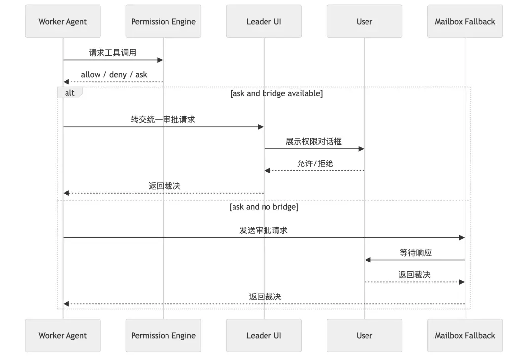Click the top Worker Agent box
click(63, 22)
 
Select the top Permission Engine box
click(163, 22)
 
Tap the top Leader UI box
click(264, 22)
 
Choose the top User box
click(364, 22)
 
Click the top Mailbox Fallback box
click(465, 22)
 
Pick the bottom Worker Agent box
click(63, 335)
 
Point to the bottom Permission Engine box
click(163, 335)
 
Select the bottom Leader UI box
click(264, 335)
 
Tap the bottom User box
click(364, 335)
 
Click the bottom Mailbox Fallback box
click(465, 335)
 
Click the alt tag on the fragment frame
click(69, 93)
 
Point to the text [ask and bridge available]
click(276, 93)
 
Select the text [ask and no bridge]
click(264, 207)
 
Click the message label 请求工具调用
click(112, 53)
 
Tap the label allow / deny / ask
click(114, 75)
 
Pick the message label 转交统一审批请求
click(163, 119)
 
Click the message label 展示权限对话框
click(313, 141)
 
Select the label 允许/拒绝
click(315, 164)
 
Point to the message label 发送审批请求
click(263, 230)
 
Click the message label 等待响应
click(415, 252)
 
